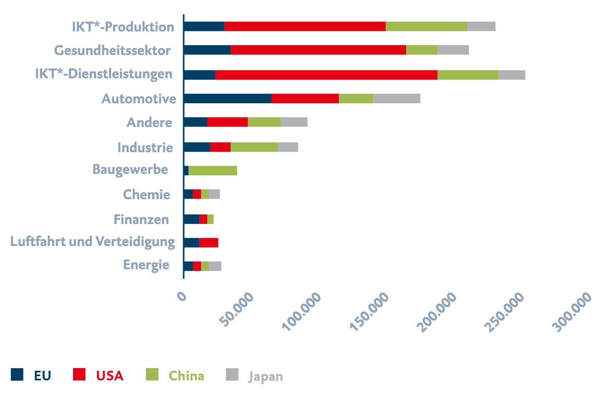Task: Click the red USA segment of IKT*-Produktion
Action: coord(305,26)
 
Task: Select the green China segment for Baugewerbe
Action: coord(213,171)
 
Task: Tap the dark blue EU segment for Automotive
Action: coord(227,99)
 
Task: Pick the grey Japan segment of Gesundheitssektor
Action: coord(453,50)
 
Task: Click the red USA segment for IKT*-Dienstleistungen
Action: coord(326,75)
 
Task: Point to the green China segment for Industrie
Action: coord(254,147)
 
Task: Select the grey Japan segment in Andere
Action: coord(294,122)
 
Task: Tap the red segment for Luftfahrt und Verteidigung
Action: coord(209,242)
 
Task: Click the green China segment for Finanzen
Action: coord(211,219)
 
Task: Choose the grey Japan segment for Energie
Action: coord(215,266)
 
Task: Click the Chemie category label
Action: coord(147,195)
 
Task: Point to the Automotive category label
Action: coord(139,99)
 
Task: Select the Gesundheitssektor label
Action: coord(112,51)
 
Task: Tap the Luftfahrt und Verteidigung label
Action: coord(93,242)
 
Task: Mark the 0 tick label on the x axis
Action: coord(182,296)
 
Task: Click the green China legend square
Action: coord(152,375)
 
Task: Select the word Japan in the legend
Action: coord(266,377)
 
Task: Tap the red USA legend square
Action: coord(79,375)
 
